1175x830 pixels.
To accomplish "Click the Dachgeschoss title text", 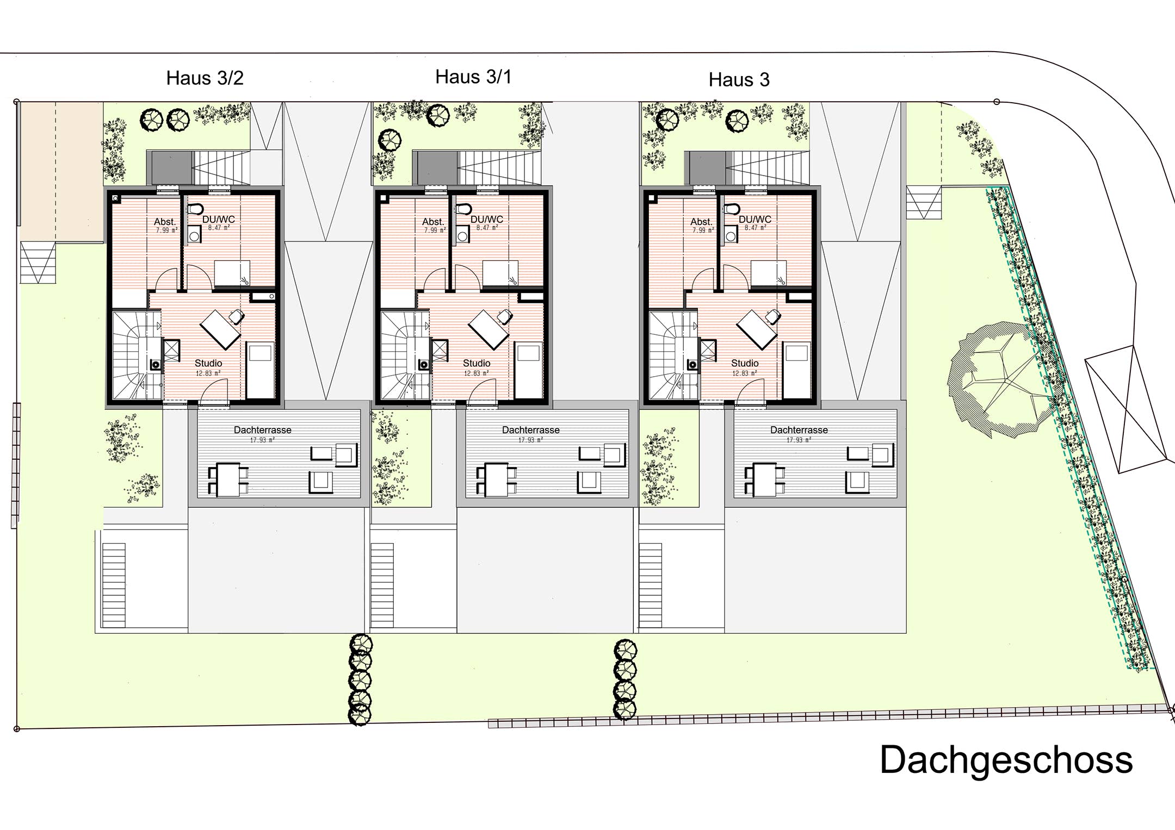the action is [x=1006, y=760].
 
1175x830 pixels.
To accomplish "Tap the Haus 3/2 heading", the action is [x=205, y=78].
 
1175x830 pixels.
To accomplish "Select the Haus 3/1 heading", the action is [x=473, y=77].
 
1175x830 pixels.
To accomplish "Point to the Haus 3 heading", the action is [x=739, y=80].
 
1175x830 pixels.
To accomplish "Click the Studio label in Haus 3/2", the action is [x=208, y=363].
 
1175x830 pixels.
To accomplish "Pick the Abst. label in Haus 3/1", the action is [x=433, y=222].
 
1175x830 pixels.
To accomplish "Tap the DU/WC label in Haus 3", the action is [x=755, y=220].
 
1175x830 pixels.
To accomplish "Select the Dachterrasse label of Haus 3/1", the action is [x=531, y=430].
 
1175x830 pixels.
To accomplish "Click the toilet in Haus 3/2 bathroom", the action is [x=195, y=209].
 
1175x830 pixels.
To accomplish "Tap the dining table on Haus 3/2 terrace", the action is [x=228, y=479].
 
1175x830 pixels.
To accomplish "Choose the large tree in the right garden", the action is [x=1001, y=380].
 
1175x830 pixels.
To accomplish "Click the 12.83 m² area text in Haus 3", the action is [x=744, y=373].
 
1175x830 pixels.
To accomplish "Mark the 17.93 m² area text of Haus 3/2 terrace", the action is [x=262, y=440].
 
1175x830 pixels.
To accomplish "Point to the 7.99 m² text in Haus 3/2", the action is [x=166, y=230].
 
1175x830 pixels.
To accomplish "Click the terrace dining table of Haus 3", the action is [x=765, y=479].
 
